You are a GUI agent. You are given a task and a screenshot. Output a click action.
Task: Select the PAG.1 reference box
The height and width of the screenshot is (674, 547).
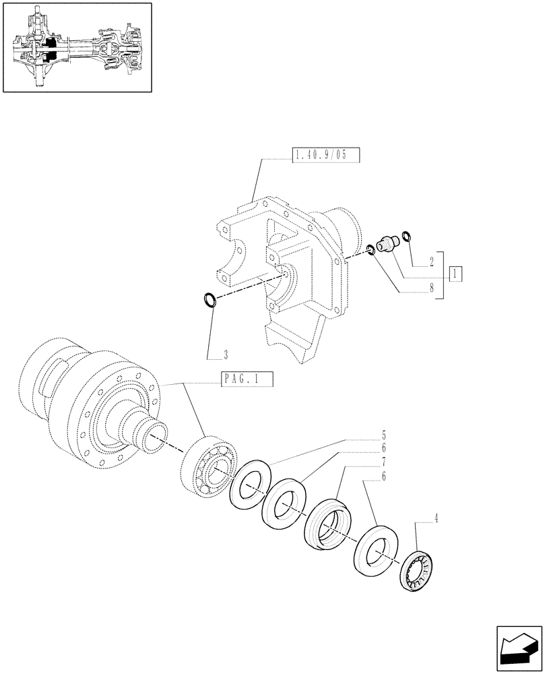point(247,379)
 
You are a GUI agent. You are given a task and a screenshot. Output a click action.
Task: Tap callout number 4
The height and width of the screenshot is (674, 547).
point(437,519)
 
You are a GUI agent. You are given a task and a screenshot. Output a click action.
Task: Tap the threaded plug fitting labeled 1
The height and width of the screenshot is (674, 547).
point(387,243)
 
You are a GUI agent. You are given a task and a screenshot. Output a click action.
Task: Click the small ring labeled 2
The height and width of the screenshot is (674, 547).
point(406,235)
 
